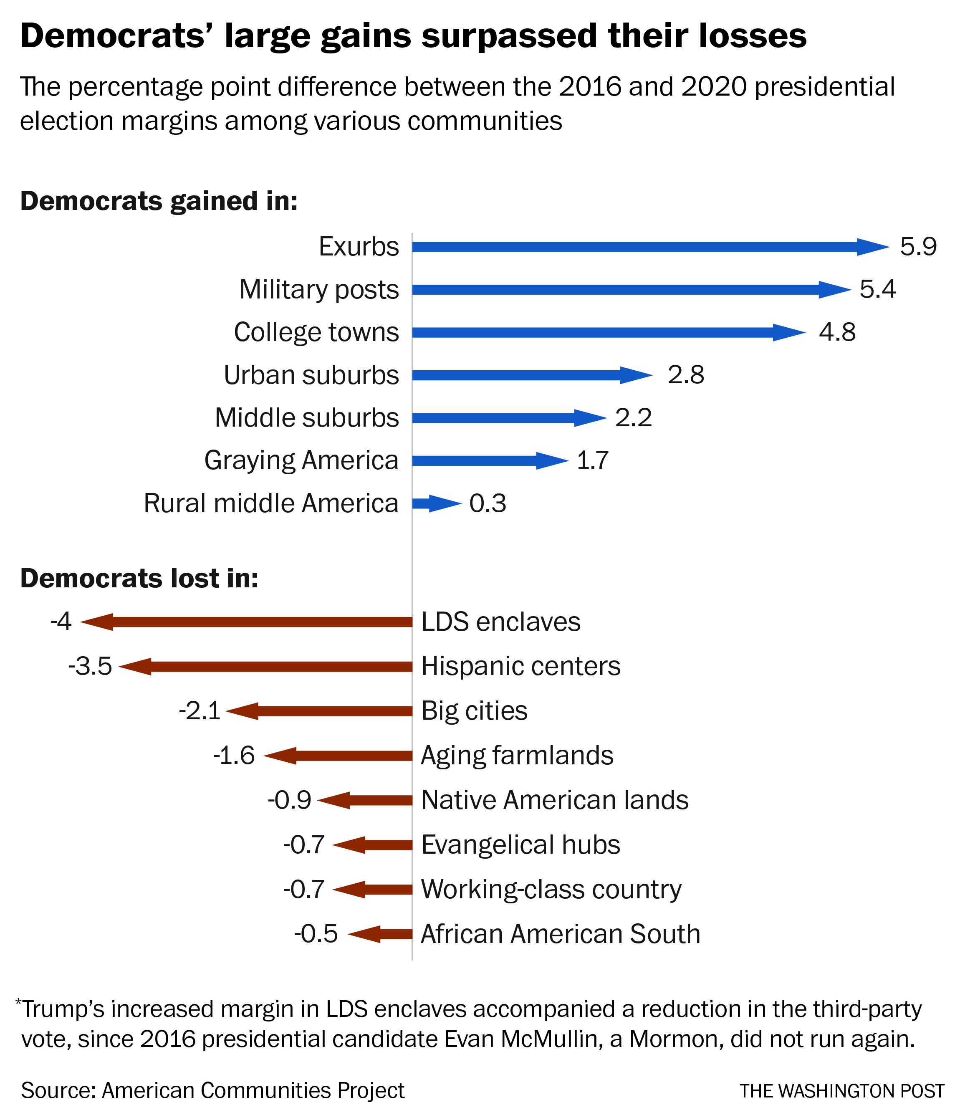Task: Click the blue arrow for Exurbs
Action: pos(649,247)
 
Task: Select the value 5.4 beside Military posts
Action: pos(877,289)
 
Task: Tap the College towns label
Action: pos(316,332)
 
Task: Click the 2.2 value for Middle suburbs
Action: pos(634,418)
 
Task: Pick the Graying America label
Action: pos(301,460)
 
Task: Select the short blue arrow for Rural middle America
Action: pos(436,503)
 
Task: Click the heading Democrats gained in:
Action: pos(159,201)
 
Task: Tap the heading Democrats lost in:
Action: pos(139,579)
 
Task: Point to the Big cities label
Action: pos(474,711)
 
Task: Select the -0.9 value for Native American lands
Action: pos(289,800)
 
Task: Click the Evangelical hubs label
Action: pos(520,844)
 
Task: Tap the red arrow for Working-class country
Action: pos(373,889)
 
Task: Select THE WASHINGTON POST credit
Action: pos(841,1091)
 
